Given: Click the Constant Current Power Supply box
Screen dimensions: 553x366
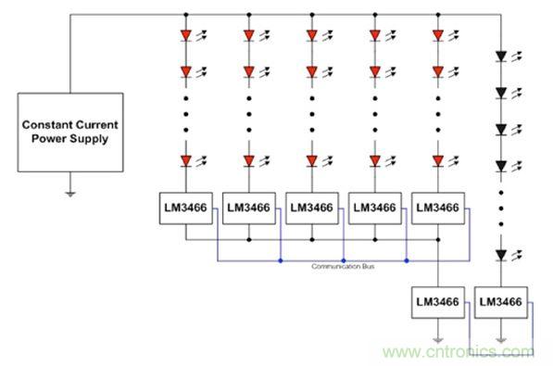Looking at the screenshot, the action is click(70, 133).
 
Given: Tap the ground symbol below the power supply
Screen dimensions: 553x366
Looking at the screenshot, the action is click(70, 194).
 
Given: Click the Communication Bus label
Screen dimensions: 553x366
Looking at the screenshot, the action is click(343, 266).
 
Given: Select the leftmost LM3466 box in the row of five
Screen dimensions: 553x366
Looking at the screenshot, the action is click(186, 208).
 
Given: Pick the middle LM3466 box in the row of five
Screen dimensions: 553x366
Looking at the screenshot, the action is click(312, 208).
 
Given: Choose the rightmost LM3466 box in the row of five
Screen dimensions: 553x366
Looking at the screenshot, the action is click(438, 208).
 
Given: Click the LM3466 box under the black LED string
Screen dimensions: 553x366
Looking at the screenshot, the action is click(501, 302).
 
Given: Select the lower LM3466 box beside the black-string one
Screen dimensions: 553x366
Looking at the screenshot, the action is click(438, 302).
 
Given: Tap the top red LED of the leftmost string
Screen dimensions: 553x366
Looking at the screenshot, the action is click(186, 35).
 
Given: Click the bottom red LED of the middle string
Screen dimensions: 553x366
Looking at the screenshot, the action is click(312, 161).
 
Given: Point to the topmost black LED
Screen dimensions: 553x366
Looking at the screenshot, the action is click(501, 57).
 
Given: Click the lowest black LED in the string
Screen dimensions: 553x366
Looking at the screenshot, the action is click(501, 255).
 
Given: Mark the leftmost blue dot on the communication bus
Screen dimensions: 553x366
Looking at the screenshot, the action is click(281, 260).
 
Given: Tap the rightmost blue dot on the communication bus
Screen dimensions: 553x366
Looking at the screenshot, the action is click(407, 260).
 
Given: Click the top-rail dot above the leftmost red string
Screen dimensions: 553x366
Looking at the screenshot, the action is click(186, 15).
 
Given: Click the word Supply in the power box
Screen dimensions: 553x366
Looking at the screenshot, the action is click(91, 139).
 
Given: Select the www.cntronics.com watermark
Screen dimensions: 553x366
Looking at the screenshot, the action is click(459, 351).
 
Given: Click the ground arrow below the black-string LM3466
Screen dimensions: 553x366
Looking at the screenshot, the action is click(501, 341).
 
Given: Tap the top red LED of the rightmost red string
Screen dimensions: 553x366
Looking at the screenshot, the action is click(438, 35).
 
